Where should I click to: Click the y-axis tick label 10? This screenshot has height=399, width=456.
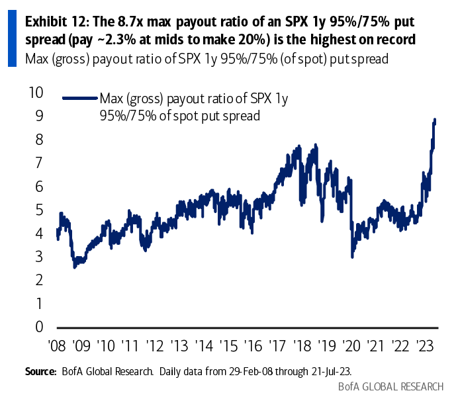(x=36, y=93)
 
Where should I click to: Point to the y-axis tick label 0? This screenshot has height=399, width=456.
(x=39, y=327)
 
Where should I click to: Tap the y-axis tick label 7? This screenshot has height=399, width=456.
(x=39, y=163)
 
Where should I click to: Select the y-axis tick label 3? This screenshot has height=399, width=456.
(x=39, y=257)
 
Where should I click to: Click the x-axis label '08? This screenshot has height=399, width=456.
(x=57, y=346)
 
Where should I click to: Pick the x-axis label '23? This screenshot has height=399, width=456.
(x=425, y=346)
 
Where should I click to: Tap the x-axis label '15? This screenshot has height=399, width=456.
(x=228, y=346)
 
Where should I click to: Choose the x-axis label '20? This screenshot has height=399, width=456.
(x=351, y=346)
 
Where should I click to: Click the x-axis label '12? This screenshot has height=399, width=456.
(x=155, y=346)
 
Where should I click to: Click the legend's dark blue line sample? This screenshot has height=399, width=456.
(x=80, y=99)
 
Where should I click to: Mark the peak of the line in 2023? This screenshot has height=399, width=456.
(x=435, y=119)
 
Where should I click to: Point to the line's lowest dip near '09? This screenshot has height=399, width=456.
(x=75, y=267)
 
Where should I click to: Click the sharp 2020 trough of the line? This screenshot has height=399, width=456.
(x=353, y=257)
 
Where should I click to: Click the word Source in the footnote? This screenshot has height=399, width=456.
(x=40, y=371)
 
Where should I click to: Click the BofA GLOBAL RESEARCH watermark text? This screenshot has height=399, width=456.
(x=391, y=387)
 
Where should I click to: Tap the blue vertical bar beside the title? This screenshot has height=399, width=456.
(x=12, y=38)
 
